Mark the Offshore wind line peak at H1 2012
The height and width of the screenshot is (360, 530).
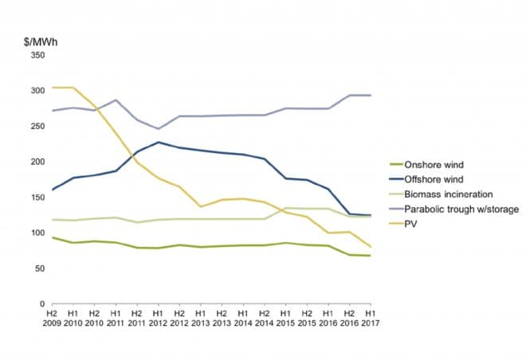(x=158, y=143)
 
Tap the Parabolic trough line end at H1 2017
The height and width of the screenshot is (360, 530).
(x=371, y=96)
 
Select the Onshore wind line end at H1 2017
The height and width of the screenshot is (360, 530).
(x=371, y=256)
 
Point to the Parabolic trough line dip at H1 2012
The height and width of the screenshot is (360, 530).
(x=158, y=128)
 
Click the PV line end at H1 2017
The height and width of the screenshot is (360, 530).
(x=371, y=247)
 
